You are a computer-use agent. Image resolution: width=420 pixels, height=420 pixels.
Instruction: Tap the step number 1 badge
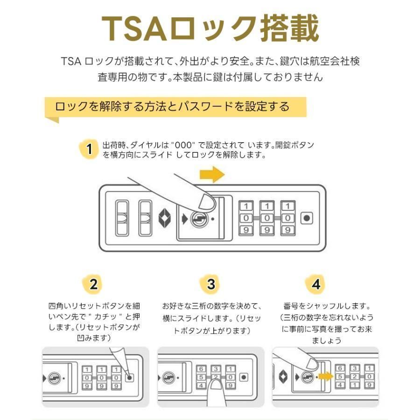89,149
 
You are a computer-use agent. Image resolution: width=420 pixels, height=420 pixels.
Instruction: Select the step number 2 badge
93,284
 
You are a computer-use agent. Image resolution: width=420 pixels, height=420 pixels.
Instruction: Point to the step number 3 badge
211,284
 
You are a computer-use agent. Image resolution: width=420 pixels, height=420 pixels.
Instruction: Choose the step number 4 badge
316,284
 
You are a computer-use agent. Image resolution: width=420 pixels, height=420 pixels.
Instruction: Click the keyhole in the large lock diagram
199,219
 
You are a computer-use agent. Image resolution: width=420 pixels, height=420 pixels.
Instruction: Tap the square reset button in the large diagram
307,218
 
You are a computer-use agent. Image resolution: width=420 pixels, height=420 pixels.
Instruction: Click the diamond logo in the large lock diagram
165,218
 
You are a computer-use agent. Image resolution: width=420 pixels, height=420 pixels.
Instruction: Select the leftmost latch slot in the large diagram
122,218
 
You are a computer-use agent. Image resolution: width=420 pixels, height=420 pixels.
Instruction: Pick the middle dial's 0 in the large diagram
267,218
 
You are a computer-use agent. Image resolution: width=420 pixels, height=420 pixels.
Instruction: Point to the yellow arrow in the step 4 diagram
325,376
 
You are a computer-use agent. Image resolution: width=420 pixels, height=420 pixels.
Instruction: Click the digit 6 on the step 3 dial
201,369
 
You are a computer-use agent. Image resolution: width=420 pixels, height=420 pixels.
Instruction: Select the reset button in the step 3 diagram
244,377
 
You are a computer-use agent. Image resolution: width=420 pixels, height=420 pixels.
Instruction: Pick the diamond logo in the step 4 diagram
283,377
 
